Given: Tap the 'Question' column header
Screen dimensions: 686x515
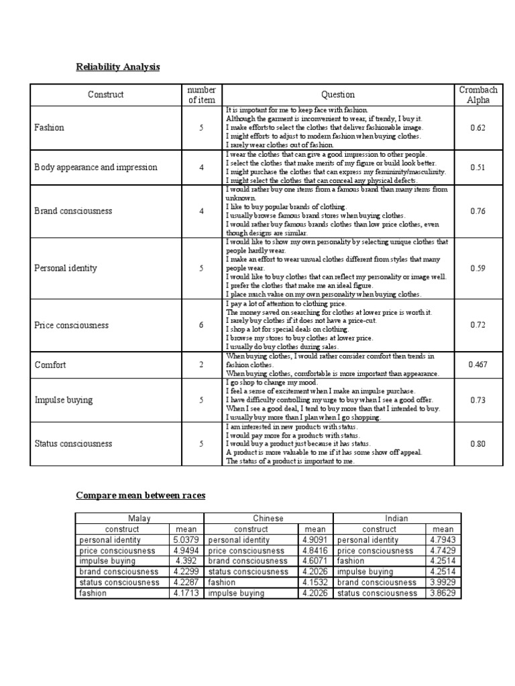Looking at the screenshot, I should (338, 94).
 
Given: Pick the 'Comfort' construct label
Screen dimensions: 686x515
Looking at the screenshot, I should (51, 365).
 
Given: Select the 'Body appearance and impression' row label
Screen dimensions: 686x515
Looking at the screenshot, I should (95, 167).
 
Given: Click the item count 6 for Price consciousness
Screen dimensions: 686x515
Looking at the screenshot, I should (201, 325).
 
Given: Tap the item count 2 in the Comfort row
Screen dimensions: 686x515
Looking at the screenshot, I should (201, 365).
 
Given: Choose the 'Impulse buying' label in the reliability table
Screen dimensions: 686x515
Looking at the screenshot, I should (63, 400).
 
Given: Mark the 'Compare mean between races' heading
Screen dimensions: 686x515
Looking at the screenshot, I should (140, 495).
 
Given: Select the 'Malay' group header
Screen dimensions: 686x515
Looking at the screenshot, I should (139, 518).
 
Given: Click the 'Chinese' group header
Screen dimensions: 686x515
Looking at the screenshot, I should (268, 518).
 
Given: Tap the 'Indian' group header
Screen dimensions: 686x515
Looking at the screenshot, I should (396, 518).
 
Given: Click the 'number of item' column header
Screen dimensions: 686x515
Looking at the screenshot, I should (201, 94).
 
